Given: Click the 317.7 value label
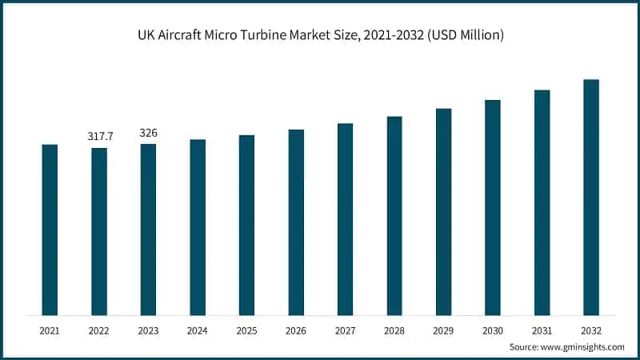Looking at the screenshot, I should (x=100, y=137).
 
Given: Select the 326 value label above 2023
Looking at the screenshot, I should (x=149, y=133).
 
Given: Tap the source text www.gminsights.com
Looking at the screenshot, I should (x=584, y=346).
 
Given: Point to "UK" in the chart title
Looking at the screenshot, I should (x=146, y=37).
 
